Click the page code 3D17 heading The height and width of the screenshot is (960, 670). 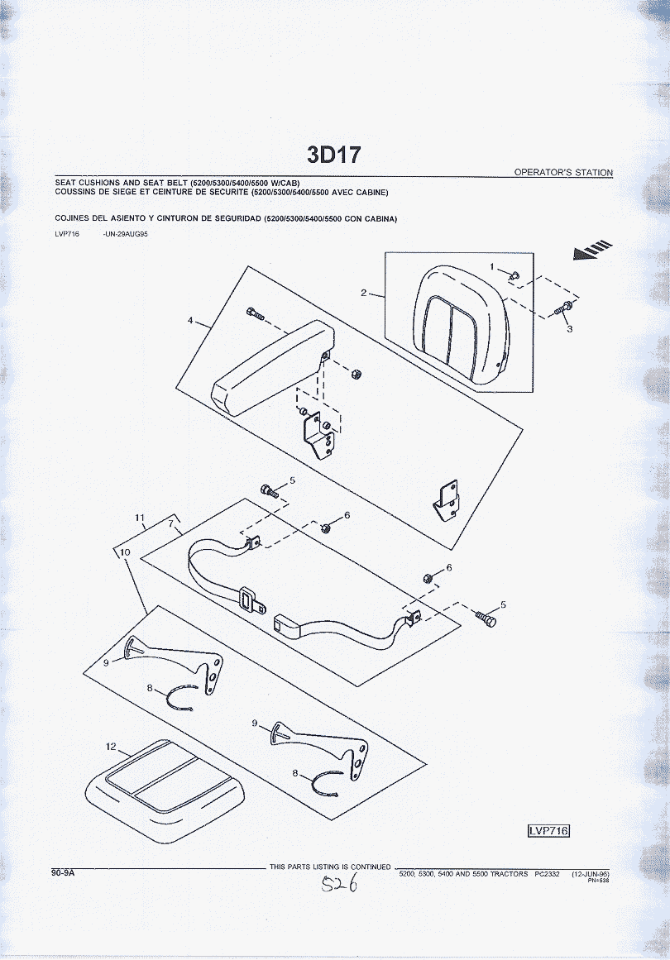pos(334,155)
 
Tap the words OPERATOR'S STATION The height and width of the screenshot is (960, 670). pos(563,173)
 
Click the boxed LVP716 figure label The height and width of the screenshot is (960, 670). pos(548,830)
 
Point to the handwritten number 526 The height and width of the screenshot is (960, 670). pos(340,883)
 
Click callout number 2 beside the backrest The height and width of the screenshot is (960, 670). pos(363,293)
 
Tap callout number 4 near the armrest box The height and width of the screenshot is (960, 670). pos(190,320)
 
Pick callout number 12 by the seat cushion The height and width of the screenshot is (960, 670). pos(111,747)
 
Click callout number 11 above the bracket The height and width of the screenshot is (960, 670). pos(140,518)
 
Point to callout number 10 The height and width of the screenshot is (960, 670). pos(125,552)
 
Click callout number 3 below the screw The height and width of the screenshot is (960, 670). pos(570,329)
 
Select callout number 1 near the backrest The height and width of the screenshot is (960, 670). pos(492,266)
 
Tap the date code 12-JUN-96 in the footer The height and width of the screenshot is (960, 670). pos(591,874)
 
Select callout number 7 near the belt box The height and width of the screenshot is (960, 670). pos(171,523)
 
